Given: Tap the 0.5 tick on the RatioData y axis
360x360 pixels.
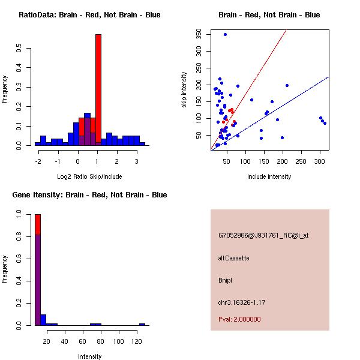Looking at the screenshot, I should (x=19, y=49).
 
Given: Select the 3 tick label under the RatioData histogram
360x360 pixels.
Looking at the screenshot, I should (x=136, y=160).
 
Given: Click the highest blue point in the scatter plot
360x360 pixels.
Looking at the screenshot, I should (x=225, y=34).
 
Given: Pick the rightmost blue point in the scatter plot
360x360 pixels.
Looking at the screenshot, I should (x=325, y=123).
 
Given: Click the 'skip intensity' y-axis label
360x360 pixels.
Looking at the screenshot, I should (x=184, y=90).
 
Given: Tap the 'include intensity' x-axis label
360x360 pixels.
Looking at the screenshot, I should (x=269, y=176).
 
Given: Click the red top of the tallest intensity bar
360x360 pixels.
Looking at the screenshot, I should (x=38, y=224).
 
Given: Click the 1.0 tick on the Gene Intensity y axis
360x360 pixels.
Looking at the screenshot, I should (x=19, y=214).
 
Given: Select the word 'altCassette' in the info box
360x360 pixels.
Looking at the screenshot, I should (x=233, y=258).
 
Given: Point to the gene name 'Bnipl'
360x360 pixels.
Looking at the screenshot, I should (x=226, y=280).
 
